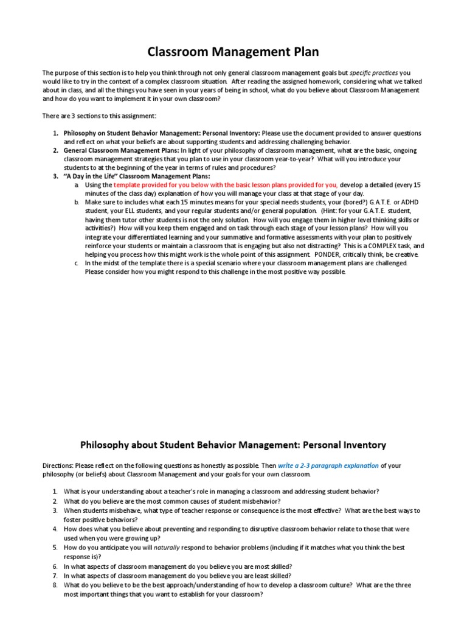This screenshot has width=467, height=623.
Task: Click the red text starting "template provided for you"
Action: coord(226,184)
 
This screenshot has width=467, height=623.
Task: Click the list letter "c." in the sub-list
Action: coord(77,263)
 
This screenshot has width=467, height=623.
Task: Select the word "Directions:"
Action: coord(58,465)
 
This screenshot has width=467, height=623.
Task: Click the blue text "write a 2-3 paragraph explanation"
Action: coord(328,465)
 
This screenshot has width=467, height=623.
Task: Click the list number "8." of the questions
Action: coord(55,585)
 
